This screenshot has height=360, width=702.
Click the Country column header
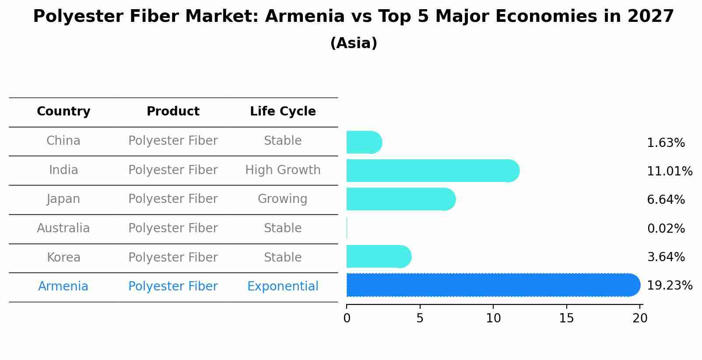tap(63, 112)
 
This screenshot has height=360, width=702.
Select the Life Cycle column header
tap(283, 112)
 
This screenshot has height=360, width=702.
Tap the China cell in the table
tap(63, 141)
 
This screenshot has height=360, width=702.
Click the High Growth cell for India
tap(283, 170)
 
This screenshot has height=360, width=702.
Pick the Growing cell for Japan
tap(283, 199)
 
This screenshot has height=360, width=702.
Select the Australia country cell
tap(63, 228)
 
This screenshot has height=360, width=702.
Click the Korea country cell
tap(63, 258)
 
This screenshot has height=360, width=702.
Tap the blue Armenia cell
tap(63, 287)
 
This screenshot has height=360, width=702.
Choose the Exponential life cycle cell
tap(283, 287)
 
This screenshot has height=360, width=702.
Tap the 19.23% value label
tap(670, 286)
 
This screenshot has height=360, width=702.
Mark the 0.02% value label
tap(666, 228)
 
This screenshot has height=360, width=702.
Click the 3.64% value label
tap(666, 257)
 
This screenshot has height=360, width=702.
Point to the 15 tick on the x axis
tap(567, 318)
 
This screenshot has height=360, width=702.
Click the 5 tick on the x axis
tap(420, 318)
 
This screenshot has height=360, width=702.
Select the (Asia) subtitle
tap(354, 43)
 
